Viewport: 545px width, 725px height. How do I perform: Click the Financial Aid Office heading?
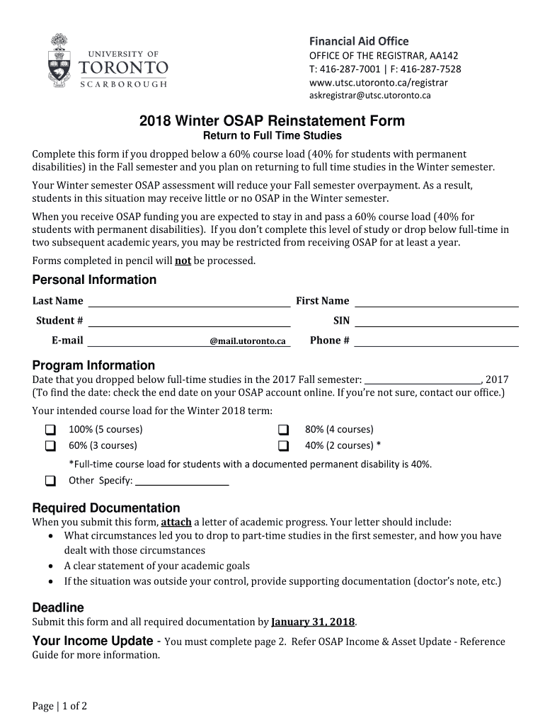point(357,41)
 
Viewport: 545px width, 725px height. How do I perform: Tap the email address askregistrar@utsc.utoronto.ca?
point(370,95)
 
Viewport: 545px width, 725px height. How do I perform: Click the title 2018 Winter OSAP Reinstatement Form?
point(272,120)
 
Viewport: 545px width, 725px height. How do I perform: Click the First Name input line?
point(436,302)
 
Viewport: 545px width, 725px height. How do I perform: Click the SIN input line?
point(436,321)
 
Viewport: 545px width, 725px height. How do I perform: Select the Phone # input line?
point(436,341)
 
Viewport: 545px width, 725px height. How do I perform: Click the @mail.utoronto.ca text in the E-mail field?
point(248,341)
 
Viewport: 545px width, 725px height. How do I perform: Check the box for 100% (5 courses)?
point(51,430)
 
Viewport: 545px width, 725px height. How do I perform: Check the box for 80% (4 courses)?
point(284,430)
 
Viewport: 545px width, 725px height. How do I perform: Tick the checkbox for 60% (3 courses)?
point(51,446)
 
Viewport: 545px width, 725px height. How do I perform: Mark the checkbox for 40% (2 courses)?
point(284,446)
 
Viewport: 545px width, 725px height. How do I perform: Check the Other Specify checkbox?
point(51,481)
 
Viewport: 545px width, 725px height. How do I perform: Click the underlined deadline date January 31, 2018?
point(313,622)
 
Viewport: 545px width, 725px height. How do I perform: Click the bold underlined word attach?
point(176,523)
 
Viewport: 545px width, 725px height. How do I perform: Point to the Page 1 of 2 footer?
point(59,706)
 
